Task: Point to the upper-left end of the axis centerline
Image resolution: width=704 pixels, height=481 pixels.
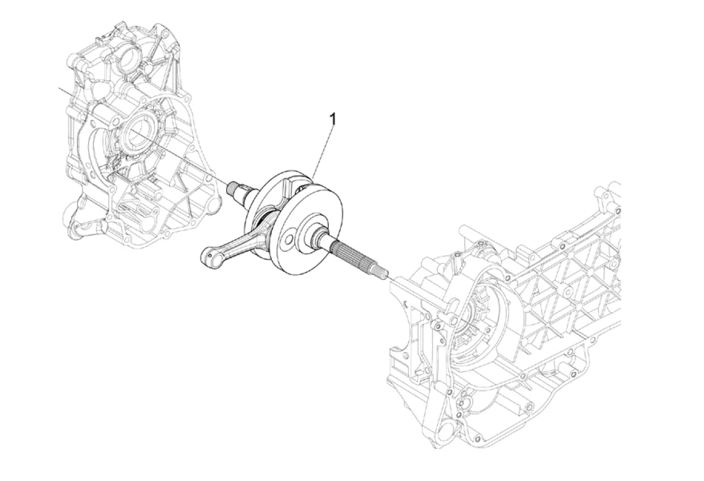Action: (61, 90)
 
